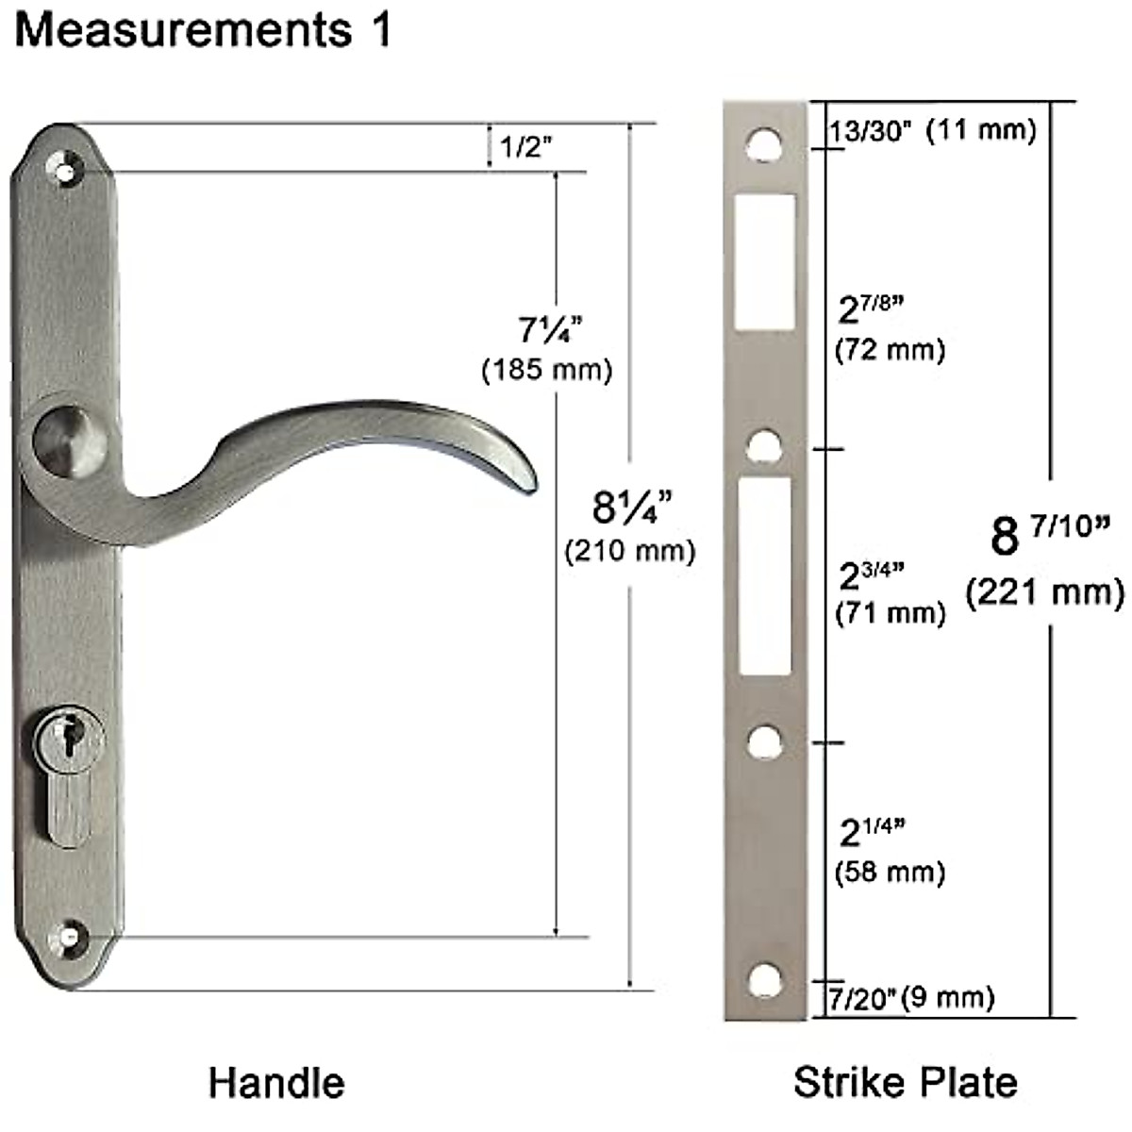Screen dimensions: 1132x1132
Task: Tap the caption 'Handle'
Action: [x=276, y=1082]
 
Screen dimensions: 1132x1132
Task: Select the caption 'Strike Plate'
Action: [x=906, y=1081]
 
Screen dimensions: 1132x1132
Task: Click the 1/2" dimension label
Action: [x=525, y=146]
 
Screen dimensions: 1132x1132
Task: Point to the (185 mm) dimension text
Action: [x=547, y=370]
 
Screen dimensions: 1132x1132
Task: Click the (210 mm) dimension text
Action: [x=630, y=551]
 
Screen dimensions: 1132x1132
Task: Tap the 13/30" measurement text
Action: [x=870, y=130]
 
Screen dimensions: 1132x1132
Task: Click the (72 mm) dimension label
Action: [x=890, y=350]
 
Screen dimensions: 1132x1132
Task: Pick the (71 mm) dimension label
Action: [x=890, y=613]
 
